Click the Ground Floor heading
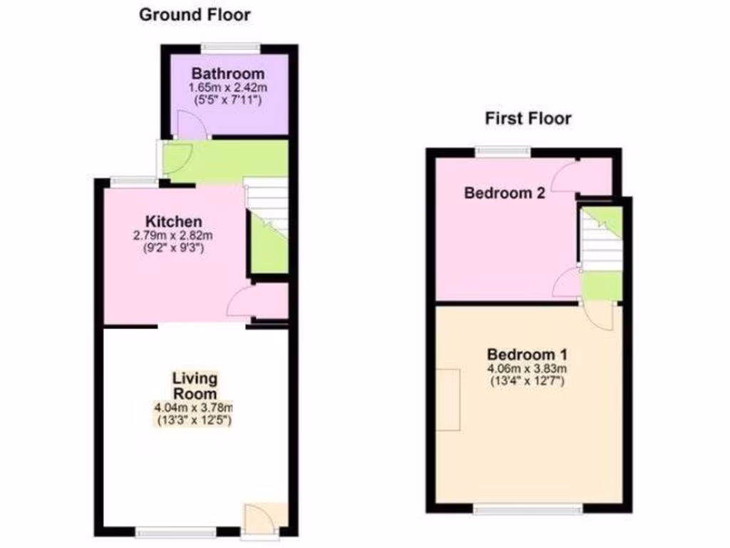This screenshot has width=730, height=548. pos(195,14)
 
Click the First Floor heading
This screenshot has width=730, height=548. pos(528,118)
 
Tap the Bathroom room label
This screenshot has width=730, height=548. pos(228,73)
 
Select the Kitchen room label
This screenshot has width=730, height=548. pos(174,221)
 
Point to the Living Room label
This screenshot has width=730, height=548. pos(195,386)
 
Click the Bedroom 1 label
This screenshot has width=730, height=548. pos(527,355)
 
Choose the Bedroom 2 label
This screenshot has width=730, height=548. pos(504,193)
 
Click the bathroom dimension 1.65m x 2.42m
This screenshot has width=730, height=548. pos(228,87)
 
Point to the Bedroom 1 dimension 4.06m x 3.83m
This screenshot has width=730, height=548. pos(527,369)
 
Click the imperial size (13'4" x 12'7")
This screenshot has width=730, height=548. pos(527,381)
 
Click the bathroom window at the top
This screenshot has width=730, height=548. pos(230,48)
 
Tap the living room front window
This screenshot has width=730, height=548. pos(176,532)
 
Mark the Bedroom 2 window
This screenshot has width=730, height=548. pos(503,151)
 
